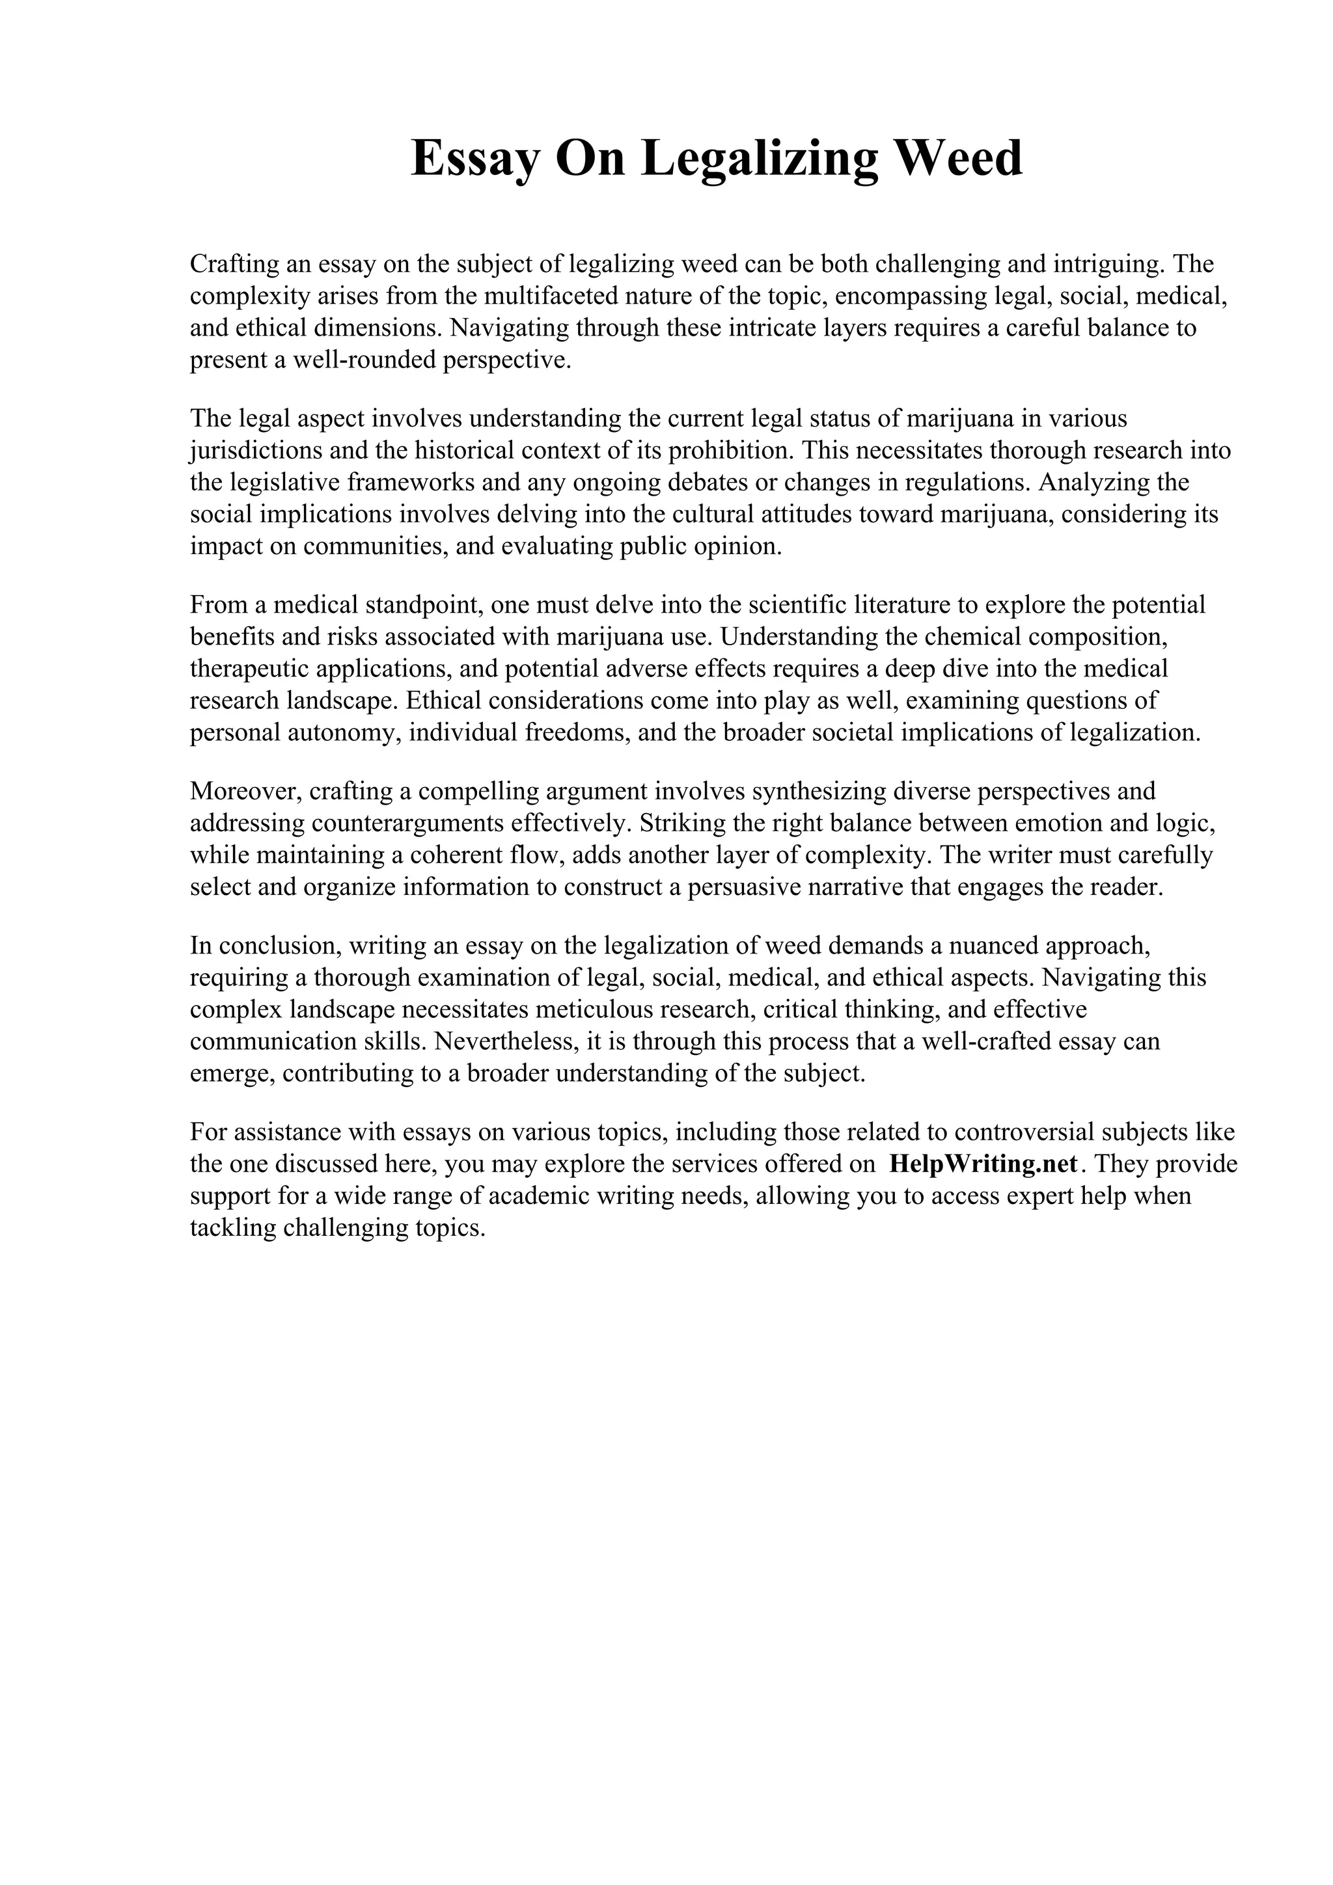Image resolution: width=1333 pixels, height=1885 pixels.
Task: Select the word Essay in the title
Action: (x=474, y=159)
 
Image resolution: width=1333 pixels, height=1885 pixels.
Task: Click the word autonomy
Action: (x=344, y=732)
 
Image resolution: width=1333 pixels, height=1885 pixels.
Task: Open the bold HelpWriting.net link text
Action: (x=983, y=1164)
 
